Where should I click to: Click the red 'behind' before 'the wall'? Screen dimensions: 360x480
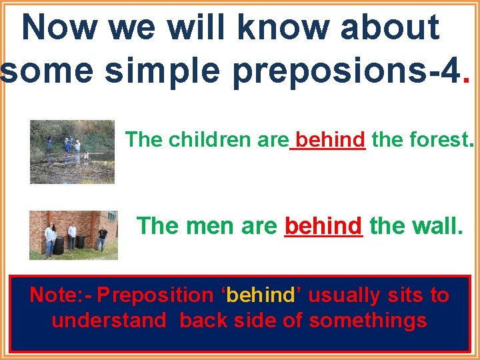coord(323,226)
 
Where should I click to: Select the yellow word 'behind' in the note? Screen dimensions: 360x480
coord(260,295)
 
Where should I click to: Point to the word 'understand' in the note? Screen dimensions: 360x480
coord(109,321)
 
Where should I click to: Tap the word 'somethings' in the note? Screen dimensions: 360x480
coord(368,321)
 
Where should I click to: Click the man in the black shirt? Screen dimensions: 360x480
coord(101,237)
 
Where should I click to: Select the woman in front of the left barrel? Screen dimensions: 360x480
coord(50,239)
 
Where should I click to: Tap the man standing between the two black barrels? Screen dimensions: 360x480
coord(71,236)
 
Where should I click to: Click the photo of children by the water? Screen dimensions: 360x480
coord(72,151)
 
